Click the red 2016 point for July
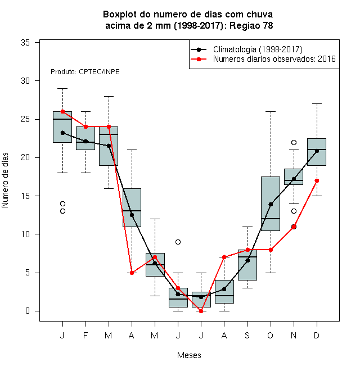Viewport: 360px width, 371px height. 201,311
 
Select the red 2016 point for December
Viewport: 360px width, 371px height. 317,181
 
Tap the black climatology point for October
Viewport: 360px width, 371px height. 271,204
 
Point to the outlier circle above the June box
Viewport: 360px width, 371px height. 178,242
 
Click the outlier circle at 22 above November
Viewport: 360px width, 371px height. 294,142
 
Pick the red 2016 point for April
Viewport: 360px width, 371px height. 132,273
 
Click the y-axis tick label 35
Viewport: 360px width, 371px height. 25,43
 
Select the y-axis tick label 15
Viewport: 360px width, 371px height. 25,196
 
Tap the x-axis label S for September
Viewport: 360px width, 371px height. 247,335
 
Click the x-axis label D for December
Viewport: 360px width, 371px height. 317,335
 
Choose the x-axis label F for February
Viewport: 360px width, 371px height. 85,335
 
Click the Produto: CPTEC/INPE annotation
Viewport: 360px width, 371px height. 85,72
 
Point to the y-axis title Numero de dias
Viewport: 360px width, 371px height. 5,180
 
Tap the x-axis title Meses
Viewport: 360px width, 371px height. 189,355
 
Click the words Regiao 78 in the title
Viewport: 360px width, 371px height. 251,25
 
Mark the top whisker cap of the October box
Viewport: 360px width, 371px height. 271,111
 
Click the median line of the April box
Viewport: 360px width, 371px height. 132,211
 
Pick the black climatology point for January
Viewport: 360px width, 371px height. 62,133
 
